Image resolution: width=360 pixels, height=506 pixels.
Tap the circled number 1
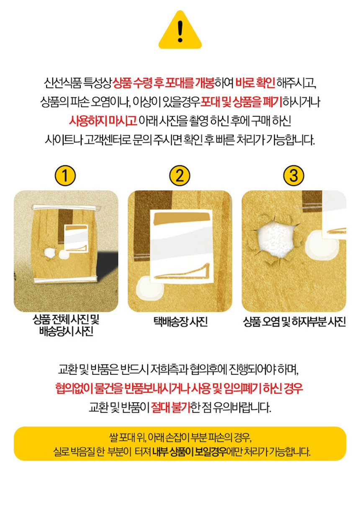65,176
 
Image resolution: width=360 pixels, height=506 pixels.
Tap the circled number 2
180,176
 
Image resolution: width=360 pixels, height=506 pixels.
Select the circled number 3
293,176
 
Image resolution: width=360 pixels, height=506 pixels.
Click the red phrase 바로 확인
255,83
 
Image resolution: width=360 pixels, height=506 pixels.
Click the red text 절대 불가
171,407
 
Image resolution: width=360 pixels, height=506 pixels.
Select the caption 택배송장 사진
180,321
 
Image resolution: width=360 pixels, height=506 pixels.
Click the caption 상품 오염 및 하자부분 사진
294,321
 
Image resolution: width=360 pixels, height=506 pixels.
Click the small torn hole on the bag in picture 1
49,253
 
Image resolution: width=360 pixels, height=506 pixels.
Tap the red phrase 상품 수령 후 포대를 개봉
163,83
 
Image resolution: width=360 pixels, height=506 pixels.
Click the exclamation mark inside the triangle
180,31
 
